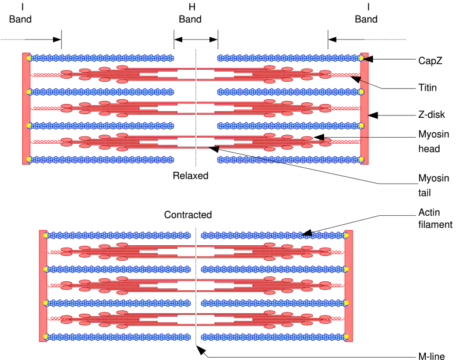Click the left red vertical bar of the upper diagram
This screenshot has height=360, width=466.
pyautogui.click(x=25, y=108)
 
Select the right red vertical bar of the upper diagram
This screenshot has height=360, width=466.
pyautogui.click(x=364, y=108)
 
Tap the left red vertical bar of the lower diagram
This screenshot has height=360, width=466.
pyautogui.click(x=43, y=286)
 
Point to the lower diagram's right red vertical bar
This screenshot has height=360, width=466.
pyautogui.click(x=349, y=286)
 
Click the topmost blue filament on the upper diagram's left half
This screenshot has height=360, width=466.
pyautogui.click(x=102, y=58)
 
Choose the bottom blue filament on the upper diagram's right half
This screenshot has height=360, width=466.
pyautogui.click(x=287, y=159)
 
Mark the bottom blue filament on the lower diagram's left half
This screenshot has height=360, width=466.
pyautogui.click(x=119, y=337)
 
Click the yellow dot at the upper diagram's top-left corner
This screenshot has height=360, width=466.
pyautogui.click(x=29, y=58)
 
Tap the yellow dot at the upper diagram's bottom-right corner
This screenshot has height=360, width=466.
pyautogui.click(x=361, y=159)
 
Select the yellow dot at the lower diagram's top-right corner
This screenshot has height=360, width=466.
pyautogui.click(x=346, y=236)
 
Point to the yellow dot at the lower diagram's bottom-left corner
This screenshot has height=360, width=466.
pyautogui.click(x=46, y=337)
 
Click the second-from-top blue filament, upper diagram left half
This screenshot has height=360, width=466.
pyautogui.click(x=102, y=92)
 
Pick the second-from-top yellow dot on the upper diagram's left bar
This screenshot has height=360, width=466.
pyautogui.click(x=29, y=92)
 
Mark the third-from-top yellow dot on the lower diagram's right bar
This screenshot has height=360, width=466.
pyautogui.click(x=346, y=303)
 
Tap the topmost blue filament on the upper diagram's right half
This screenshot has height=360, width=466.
pyautogui.click(x=287, y=58)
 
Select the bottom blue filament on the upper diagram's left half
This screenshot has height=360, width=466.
pyautogui.click(x=102, y=159)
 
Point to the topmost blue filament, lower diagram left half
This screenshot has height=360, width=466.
pyautogui.click(x=119, y=236)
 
